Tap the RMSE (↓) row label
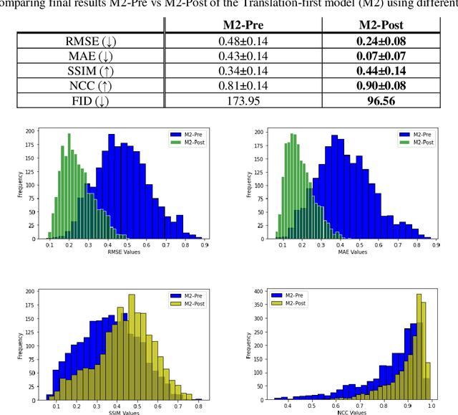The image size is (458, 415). pyautogui.click(x=90, y=41)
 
